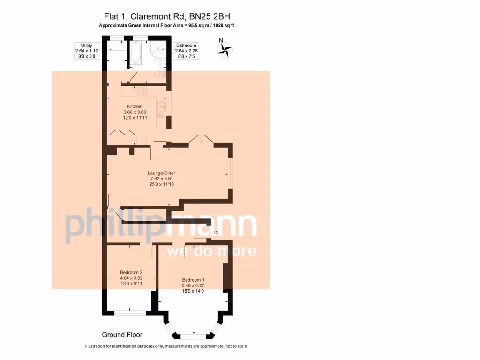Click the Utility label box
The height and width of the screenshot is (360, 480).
[x=86, y=51]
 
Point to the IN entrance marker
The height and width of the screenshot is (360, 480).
[x=216, y=232]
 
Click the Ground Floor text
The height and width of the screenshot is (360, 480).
[x=122, y=335]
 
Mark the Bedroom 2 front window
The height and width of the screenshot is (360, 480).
[x=130, y=312]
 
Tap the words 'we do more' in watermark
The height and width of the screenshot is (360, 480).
[x=211, y=251]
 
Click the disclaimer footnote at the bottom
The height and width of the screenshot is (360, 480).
[x=166, y=346]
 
